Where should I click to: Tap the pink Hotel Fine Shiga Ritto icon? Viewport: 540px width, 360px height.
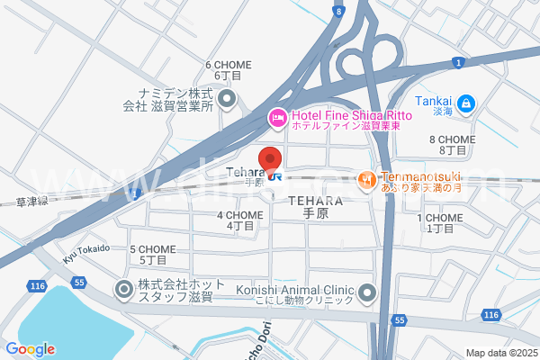tap(278, 116)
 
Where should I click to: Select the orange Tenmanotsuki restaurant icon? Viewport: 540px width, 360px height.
tap(365, 180)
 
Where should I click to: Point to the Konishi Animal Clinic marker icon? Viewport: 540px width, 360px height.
tap(366, 292)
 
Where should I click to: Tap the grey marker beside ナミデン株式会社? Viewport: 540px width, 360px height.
tap(227, 98)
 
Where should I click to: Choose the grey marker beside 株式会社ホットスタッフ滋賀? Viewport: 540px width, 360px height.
tap(123, 289)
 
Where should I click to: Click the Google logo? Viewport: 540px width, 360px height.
tap(30, 349)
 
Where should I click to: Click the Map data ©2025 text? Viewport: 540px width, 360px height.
tap(500, 353)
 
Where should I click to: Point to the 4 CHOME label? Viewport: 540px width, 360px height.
tap(239, 215)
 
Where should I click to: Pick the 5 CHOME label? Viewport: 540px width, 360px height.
tap(152, 249)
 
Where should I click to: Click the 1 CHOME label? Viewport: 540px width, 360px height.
tap(439, 218)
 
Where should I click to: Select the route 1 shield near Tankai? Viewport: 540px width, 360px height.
tap(458, 61)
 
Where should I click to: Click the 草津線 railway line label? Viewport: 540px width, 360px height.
tap(31, 202)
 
